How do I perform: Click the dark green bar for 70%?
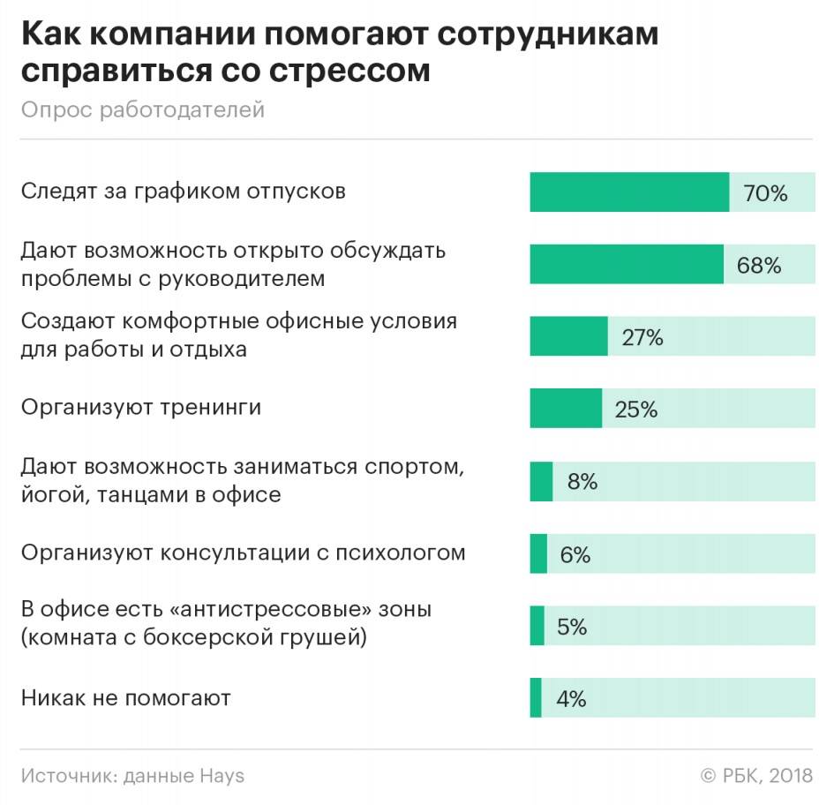pos(629,192)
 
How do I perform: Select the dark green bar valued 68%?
pos(627,265)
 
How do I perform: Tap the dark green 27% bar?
pos(568,336)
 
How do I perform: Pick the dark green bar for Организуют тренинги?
pos(566,409)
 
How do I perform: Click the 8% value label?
pos(582,482)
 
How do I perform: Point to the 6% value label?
pos(575,554)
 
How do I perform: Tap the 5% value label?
pos(572,627)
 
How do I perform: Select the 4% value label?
pos(571,699)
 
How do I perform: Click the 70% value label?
pos(765,193)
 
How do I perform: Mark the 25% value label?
pos(636,410)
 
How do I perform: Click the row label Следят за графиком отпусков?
pos(184,191)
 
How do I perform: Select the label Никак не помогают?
pos(126,698)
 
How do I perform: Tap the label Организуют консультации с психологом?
pos(243,553)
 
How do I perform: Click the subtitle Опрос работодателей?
pos(143,109)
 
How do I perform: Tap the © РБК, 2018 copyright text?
pos(756,776)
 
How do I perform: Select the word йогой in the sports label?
pos(51,494)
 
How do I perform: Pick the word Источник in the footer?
pos(67,776)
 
